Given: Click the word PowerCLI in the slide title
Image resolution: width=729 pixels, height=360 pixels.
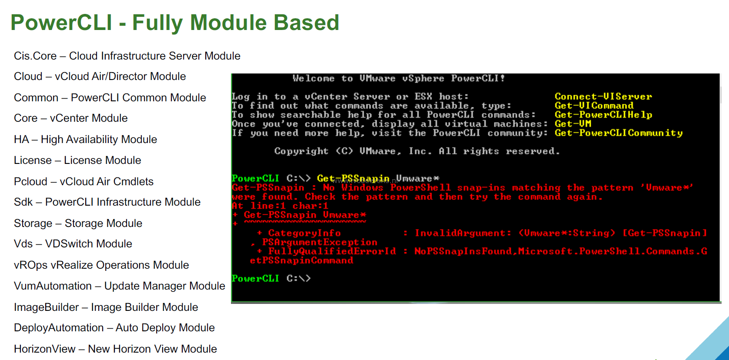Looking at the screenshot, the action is tap(61, 23).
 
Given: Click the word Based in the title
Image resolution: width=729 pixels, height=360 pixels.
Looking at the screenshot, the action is tap(306, 23).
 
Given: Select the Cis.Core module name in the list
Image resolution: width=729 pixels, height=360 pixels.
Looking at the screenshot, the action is tap(35, 56).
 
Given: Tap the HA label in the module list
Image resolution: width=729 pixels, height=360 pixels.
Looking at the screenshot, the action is tap(21, 140).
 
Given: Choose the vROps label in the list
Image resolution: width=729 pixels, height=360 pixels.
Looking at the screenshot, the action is tap(30, 265).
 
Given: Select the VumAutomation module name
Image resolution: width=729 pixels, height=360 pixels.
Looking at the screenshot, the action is tap(53, 286).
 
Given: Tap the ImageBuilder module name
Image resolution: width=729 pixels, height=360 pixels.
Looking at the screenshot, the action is tap(46, 307).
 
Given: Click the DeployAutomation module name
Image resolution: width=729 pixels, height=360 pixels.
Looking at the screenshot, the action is tap(59, 328).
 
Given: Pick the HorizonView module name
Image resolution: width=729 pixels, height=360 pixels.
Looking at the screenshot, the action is tap(45, 349).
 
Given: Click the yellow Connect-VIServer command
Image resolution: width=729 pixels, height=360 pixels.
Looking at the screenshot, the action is tap(603, 97).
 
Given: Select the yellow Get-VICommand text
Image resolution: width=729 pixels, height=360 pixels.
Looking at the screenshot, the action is tap(594, 106).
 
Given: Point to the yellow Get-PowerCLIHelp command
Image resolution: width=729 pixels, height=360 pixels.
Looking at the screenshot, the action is tap(603, 115).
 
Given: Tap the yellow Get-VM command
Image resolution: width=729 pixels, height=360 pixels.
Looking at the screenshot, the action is tap(573, 124).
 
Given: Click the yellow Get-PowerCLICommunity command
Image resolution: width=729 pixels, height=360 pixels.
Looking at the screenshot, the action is tap(619, 133).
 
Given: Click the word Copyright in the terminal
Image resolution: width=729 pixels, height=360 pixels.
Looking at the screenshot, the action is tap(301, 151).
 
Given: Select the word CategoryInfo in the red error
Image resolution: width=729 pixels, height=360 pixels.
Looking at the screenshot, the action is tap(304, 233).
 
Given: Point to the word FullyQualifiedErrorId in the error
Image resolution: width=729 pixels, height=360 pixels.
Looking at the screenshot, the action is tap(332, 251).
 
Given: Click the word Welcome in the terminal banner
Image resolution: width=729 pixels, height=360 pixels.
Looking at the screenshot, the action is tap(314, 78).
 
